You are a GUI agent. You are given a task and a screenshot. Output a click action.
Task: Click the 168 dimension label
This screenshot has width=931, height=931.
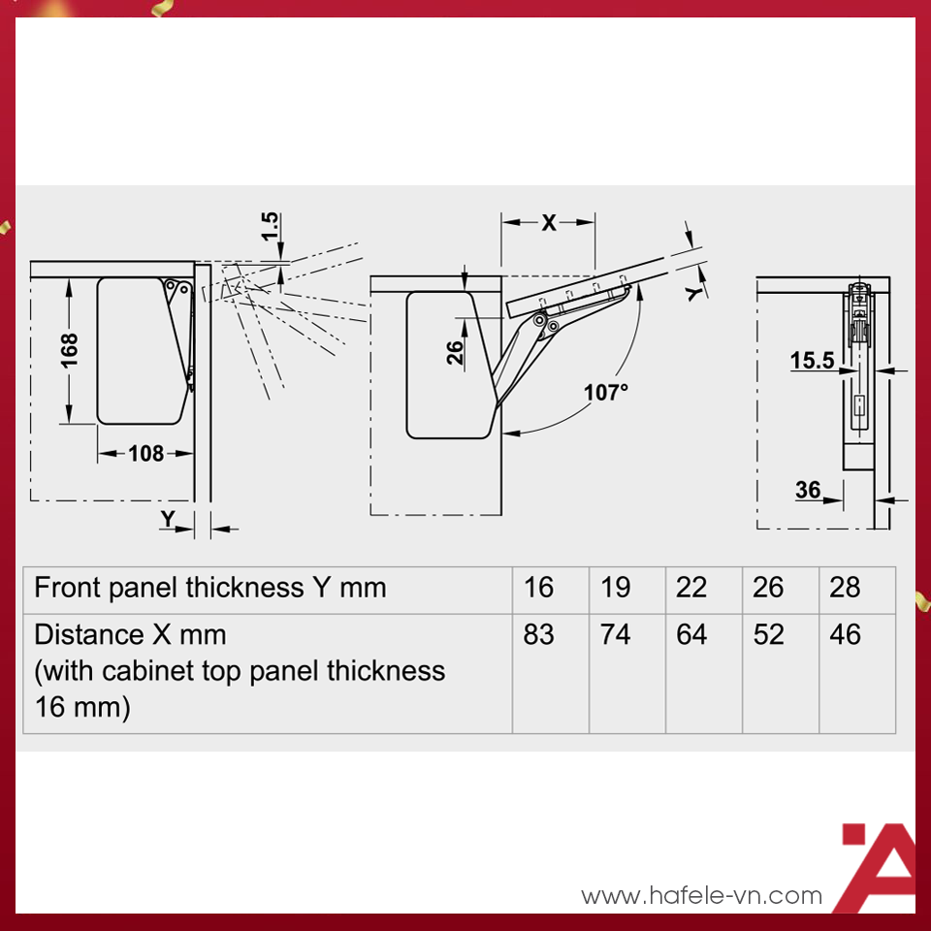[69, 350]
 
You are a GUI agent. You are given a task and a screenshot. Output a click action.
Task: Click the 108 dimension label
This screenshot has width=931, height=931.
[145, 454]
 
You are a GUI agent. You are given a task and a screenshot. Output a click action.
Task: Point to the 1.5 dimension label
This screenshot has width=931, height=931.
[270, 226]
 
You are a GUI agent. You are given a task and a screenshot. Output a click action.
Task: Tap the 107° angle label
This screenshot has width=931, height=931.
[605, 393]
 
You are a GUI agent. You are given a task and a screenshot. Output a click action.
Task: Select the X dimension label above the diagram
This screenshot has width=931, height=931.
[549, 223]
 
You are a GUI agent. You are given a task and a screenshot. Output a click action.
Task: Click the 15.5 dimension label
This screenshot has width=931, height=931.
[812, 360]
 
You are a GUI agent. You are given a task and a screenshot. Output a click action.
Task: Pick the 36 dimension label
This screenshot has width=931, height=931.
[808, 490]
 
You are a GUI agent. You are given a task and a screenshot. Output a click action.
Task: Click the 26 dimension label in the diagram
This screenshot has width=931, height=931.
[455, 353]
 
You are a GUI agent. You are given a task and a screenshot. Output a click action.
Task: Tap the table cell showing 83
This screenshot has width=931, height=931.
[538, 634]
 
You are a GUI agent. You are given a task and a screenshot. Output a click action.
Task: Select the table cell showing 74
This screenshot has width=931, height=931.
[615, 634]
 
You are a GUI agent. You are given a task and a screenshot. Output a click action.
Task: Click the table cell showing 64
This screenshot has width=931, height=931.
[691, 634]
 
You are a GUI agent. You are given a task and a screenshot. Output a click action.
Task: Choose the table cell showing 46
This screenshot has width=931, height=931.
[845, 634]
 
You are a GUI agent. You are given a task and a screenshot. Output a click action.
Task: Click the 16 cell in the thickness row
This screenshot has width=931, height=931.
[538, 588]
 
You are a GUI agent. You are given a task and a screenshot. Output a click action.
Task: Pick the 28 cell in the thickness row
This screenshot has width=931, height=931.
[845, 588]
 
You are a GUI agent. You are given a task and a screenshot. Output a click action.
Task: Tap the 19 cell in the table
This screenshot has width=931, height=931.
[615, 588]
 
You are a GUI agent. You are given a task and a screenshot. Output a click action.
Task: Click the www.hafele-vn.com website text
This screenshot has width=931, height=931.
[702, 895]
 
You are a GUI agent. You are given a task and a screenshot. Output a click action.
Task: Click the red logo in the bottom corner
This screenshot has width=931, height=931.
[879, 867]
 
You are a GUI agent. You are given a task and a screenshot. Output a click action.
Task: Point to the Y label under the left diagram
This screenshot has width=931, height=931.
[168, 519]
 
